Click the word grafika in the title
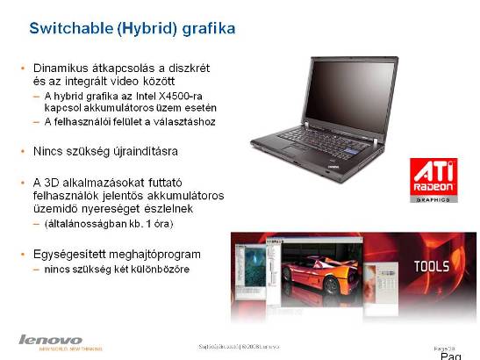(209, 29)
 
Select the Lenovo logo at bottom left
(51, 339)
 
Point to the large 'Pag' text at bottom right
(449, 354)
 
